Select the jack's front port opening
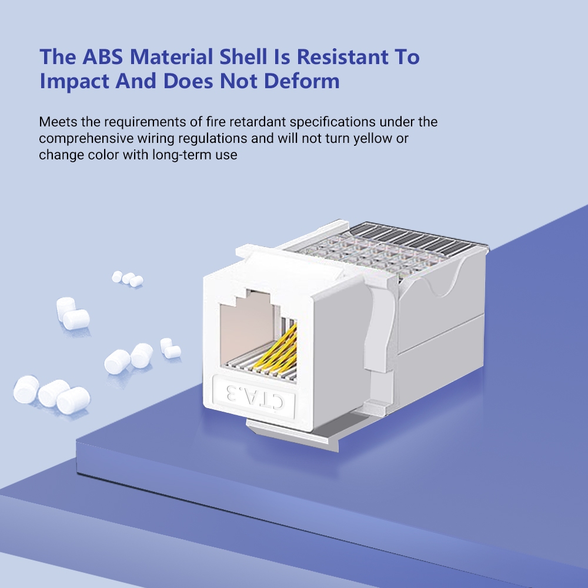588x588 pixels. point(250,335)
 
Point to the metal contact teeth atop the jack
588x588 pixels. point(406,241)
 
